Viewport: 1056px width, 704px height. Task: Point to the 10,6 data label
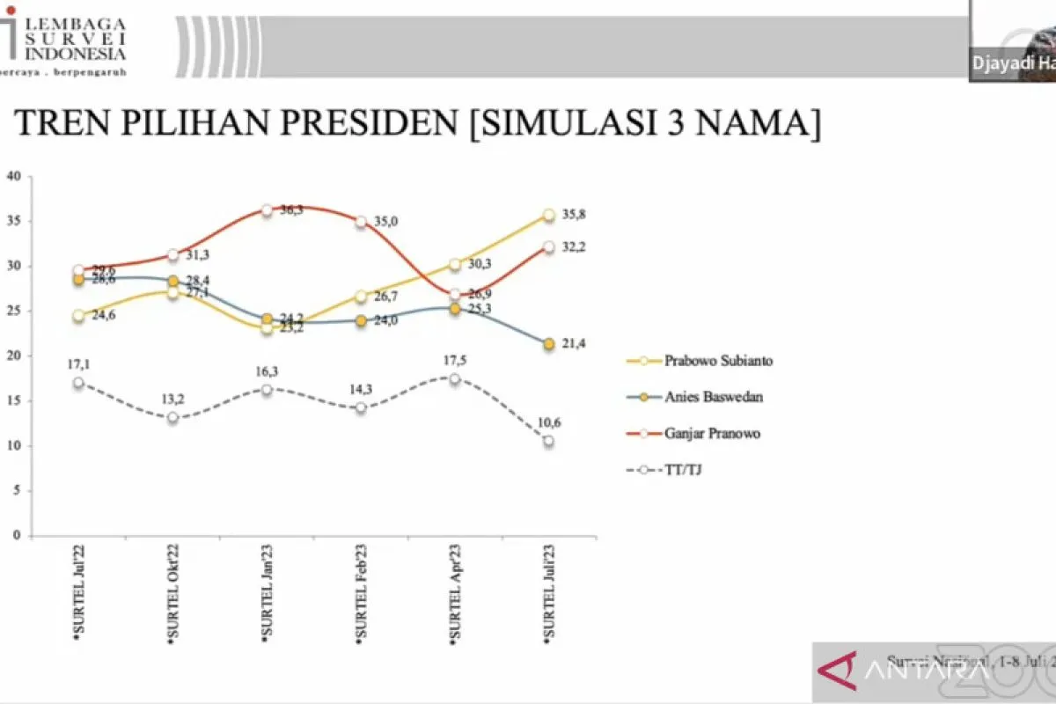tap(549, 422)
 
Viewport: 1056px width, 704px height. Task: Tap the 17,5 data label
tap(454, 360)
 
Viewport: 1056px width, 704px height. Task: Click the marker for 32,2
tap(548, 247)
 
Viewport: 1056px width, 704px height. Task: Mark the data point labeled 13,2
tap(172, 417)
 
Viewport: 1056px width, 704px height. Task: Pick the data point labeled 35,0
tap(361, 222)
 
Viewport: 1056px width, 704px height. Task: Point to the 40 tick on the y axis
tap(13, 176)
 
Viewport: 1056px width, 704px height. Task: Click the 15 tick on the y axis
tap(13, 400)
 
